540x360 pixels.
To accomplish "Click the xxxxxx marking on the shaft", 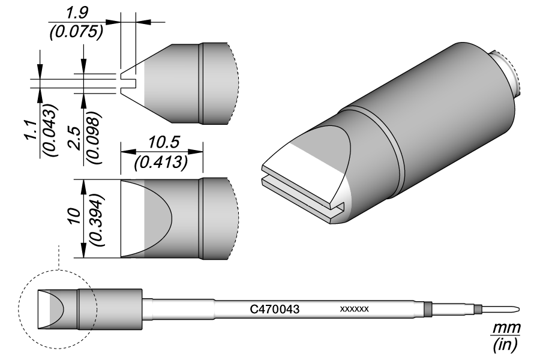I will click(354, 309).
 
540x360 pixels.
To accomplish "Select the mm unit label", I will click(506, 329).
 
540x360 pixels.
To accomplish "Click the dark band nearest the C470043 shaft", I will click(427, 309).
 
